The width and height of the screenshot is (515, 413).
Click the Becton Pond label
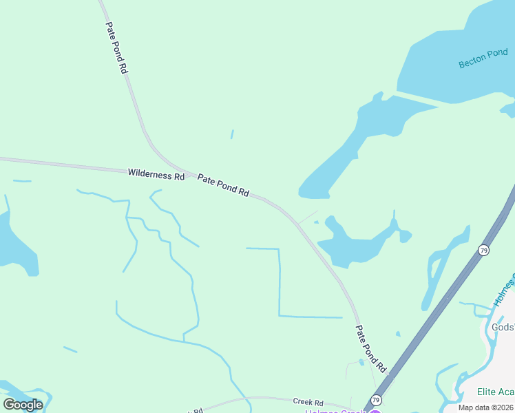pyautogui.click(x=483, y=58)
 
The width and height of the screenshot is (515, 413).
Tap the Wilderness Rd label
pyautogui.click(x=156, y=174)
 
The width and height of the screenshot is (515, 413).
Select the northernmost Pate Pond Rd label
pyautogui.click(x=116, y=47)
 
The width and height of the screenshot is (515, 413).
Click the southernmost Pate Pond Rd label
pyautogui.click(x=370, y=349)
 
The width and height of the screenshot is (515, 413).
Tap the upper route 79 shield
pyautogui.click(x=484, y=250)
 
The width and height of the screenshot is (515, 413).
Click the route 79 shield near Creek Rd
pyautogui.click(x=376, y=399)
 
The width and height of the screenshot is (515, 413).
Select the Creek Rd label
pyautogui.click(x=308, y=402)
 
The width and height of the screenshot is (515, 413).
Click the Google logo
pyautogui.click(x=23, y=404)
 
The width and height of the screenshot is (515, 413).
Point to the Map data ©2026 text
pyautogui.click(x=485, y=407)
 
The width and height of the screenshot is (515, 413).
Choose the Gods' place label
pyautogui.click(x=503, y=327)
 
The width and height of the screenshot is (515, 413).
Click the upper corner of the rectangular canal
pyautogui.click(x=279, y=249)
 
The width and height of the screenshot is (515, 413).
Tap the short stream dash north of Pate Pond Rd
pyautogui.click(x=232, y=134)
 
